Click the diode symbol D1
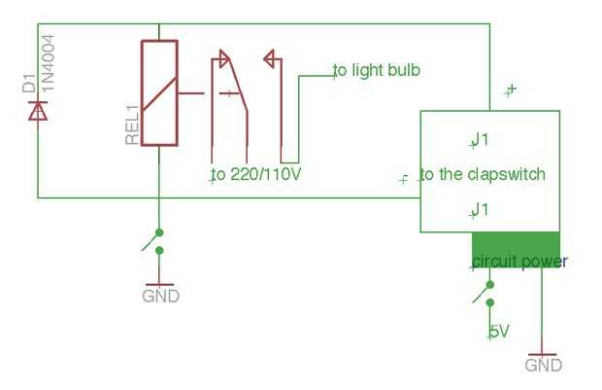pyautogui.click(x=38, y=111)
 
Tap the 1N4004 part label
pyautogui.click(x=48, y=63)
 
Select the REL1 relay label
pyautogui.click(x=132, y=125)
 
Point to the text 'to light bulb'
pyautogui.click(x=377, y=70)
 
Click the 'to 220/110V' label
pyautogui.click(x=256, y=174)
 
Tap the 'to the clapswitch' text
pyautogui.click(x=483, y=174)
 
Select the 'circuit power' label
pyautogui.click(x=519, y=262)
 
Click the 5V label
pyautogui.click(x=499, y=331)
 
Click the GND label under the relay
pyautogui.click(x=160, y=297)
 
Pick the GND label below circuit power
pyautogui.click(x=544, y=365)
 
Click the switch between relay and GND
pyautogui.click(x=153, y=241)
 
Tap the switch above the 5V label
pyautogui.click(x=484, y=294)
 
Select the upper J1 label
pyautogui.click(x=480, y=140)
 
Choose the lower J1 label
pyautogui.click(x=480, y=210)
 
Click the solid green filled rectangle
pyautogui.click(x=516, y=249)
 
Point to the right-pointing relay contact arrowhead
pyautogui.click(x=225, y=59)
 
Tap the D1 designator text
pyautogui.click(x=29, y=84)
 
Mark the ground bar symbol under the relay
pyautogui.click(x=159, y=285)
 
